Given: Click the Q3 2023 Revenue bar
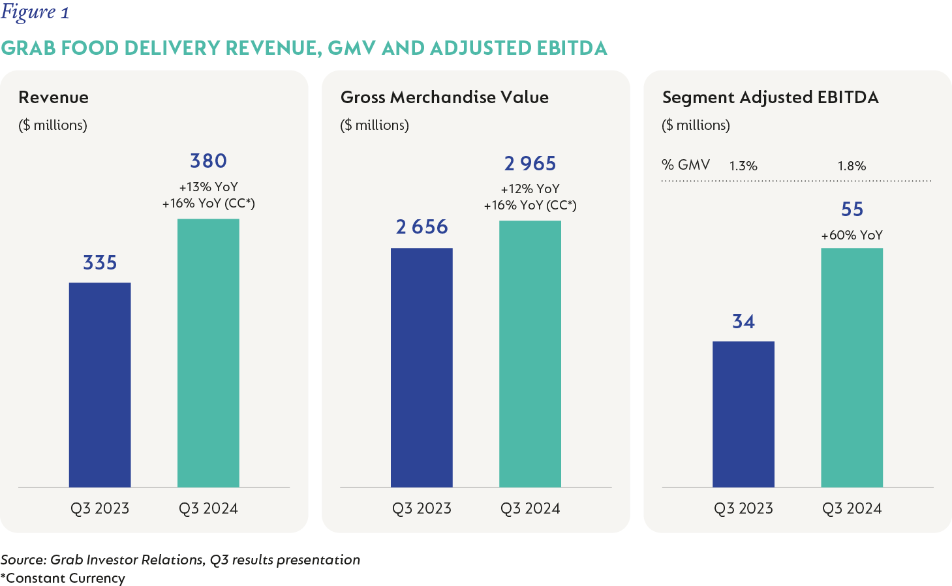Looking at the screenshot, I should [x=100, y=384].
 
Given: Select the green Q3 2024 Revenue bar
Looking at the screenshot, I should [x=208, y=352].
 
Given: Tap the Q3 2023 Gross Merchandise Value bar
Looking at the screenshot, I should [x=422, y=367].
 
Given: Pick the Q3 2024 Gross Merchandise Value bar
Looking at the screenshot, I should [x=530, y=354].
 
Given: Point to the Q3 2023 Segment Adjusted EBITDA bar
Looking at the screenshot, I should [x=743, y=414].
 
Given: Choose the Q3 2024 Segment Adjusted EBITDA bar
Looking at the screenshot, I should [x=852, y=367].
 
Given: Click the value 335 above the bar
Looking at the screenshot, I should [x=100, y=263].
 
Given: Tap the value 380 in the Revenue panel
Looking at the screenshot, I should [x=208, y=161].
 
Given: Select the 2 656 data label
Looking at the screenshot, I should [x=422, y=227].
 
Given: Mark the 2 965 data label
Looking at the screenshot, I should [x=530, y=164].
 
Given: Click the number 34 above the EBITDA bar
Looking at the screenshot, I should [x=743, y=322].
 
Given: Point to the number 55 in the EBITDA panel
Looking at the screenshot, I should [x=852, y=209].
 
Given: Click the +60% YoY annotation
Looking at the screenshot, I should [x=852, y=236].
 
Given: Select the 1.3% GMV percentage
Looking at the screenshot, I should [x=743, y=166].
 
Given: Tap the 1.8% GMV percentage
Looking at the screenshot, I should [x=852, y=166].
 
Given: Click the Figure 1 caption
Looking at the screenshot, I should [x=35, y=12].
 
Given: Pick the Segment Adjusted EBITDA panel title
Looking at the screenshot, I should [x=770, y=98].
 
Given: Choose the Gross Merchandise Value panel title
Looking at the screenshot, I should [x=444, y=98].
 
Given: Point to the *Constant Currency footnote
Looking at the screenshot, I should [x=63, y=578].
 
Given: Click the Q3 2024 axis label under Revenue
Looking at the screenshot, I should [x=208, y=508].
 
